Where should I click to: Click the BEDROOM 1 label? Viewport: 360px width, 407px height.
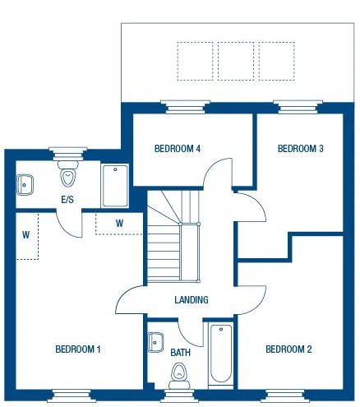click(77, 349)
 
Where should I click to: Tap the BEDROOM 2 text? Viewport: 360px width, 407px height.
click(288, 349)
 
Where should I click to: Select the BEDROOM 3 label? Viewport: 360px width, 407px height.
click(300, 149)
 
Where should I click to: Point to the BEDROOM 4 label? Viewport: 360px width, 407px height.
click(178, 149)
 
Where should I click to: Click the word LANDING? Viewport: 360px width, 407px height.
click(191, 300)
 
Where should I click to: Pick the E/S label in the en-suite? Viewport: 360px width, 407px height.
click(68, 200)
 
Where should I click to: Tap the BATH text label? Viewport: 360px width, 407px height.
click(180, 353)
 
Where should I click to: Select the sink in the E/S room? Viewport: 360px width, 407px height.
click(25, 185)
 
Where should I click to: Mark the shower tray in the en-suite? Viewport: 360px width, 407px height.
click(114, 187)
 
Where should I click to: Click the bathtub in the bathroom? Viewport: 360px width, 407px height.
click(221, 356)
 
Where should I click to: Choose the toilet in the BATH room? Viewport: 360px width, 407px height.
click(179, 377)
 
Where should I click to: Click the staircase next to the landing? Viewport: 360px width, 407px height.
click(173, 238)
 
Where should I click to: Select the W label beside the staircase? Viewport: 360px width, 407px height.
click(119, 223)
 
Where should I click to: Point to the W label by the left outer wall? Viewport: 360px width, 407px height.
click(26, 234)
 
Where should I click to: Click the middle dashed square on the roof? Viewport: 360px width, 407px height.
click(236, 61)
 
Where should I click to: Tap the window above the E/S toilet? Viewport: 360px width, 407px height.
click(63, 151)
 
